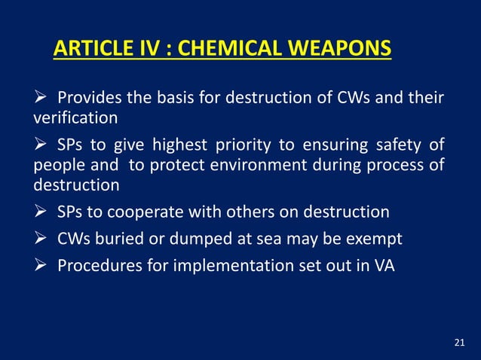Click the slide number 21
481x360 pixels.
coord(460,343)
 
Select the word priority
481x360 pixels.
coord(253,145)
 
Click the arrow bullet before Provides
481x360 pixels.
coord(41,99)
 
